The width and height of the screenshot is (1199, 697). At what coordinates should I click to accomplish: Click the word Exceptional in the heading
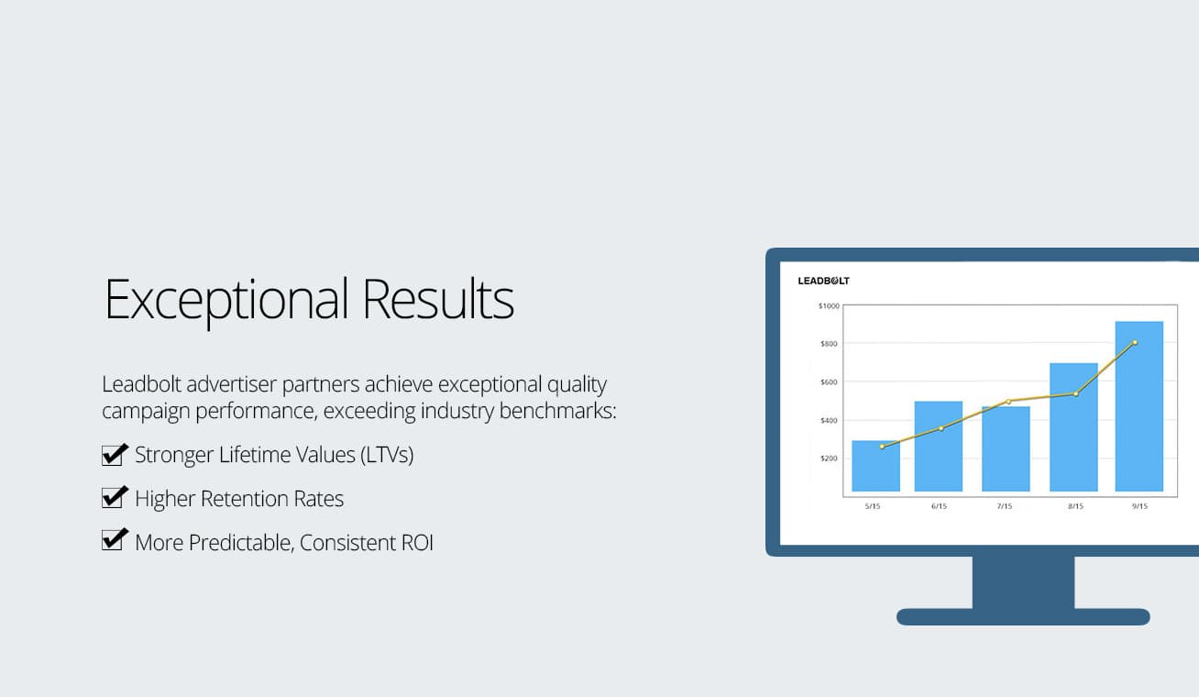point(226,300)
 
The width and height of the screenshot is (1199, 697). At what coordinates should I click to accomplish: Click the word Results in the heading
point(438,298)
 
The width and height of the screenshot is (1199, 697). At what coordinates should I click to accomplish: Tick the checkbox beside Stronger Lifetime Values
point(115,455)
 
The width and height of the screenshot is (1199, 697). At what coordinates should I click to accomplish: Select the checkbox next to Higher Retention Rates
point(115,497)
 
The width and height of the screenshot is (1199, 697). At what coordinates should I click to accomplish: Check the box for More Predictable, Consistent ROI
point(115,540)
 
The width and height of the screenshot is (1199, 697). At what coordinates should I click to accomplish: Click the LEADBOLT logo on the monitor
point(823,281)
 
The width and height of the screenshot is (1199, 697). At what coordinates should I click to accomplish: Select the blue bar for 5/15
point(875,466)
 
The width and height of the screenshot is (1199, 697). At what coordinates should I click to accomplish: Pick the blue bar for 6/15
point(939,446)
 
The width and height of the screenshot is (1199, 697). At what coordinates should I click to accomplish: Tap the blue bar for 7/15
point(1006,448)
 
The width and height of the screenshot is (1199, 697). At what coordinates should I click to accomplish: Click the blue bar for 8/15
point(1073,427)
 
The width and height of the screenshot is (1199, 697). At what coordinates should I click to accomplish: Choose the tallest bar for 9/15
point(1139,406)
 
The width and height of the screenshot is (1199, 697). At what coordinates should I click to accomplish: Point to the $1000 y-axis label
point(829,305)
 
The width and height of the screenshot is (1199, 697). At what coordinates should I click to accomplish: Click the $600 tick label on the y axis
point(829,382)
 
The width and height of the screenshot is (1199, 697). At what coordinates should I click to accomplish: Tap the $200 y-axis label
point(829,459)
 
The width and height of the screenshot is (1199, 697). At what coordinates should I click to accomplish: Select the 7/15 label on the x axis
point(1005,506)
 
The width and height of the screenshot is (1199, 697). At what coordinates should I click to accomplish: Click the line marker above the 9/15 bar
point(1135,343)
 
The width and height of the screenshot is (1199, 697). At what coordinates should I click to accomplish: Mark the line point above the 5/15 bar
point(882,447)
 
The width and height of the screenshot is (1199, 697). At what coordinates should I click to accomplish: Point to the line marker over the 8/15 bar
point(1076,394)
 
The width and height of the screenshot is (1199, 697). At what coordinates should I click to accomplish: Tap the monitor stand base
point(1023,616)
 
